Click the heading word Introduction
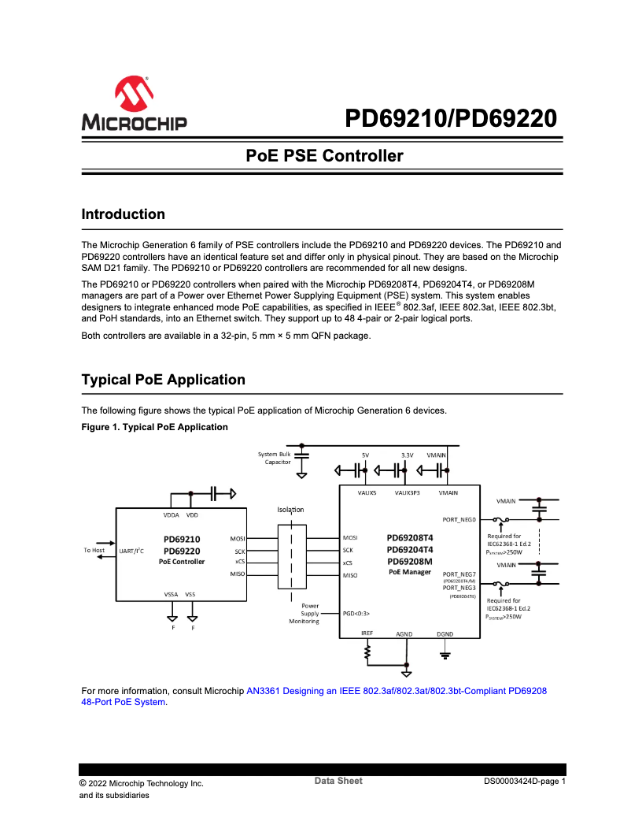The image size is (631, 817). pyautogui.click(x=124, y=214)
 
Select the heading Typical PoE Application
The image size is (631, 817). pyautogui.click(x=163, y=380)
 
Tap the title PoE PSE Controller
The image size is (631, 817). pyautogui.click(x=324, y=156)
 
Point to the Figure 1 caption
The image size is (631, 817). pyautogui.click(x=154, y=427)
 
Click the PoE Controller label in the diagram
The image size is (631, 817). pyautogui.click(x=182, y=562)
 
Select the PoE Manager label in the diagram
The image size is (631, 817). pyautogui.click(x=410, y=572)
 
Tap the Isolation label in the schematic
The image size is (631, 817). pyautogui.click(x=290, y=510)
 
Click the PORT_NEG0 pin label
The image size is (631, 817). pyautogui.click(x=459, y=520)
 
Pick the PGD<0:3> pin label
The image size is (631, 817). pyautogui.click(x=356, y=613)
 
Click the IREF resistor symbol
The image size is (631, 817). pyautogui.click(x=367, y=652)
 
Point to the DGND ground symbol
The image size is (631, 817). pyautogui.click(x=445, y=652)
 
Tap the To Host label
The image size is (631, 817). pyautogui.click(x=94, y=550)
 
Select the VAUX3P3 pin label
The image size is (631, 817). pyautogui.click(x=407, y=492)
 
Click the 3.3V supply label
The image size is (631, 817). pyautogui.click(x=407, y=455)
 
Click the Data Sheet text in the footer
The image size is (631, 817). pyautogui.click(x=338, y=781)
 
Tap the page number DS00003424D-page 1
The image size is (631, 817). pyautogui.click(x=525, y=782)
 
